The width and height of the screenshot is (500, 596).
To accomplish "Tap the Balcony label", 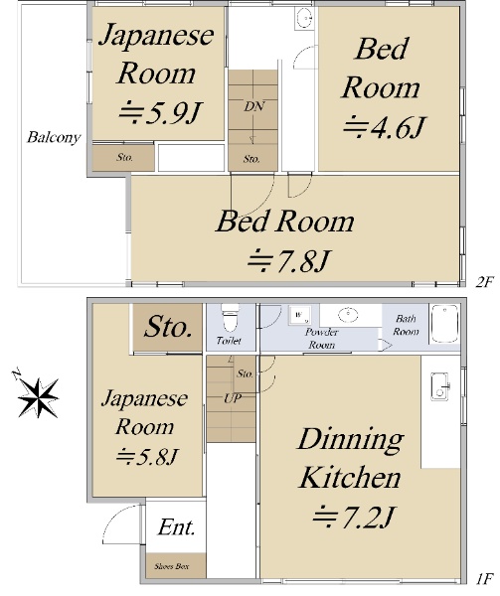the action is (x=54, y=137).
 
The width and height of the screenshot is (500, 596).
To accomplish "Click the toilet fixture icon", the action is (x=230, y=318).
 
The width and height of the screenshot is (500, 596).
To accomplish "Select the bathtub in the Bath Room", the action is (x=444, y=324).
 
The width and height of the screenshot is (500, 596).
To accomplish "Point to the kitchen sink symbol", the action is (x=440, y=386).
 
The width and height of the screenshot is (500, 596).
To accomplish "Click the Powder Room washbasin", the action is (x=348, y=315).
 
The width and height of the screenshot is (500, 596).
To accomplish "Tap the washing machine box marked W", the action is (x=300, y=315).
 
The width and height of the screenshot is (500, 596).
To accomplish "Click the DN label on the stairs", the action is (x=254, y=106).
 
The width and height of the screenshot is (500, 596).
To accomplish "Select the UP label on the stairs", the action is (x=233, y=398).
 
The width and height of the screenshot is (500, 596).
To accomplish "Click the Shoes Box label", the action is (x=172, y=566).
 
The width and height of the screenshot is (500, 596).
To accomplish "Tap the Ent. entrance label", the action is (x=176, y=527).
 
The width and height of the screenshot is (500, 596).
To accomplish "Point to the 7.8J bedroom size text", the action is (x=287, y=261).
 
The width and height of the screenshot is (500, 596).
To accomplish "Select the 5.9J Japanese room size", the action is (x=159, y=112).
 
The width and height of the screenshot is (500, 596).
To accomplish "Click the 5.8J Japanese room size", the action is (x=146, y=456).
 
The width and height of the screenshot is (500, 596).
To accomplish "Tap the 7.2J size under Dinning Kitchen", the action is (x=352, y=517).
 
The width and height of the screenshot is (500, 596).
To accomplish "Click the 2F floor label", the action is (x=484, y=282).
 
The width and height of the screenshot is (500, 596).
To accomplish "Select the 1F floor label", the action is (x=484, y=579).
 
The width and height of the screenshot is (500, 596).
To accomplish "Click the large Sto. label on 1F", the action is (x=168, y=327).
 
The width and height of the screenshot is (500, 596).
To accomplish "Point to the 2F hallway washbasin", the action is (x=304, y=18).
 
